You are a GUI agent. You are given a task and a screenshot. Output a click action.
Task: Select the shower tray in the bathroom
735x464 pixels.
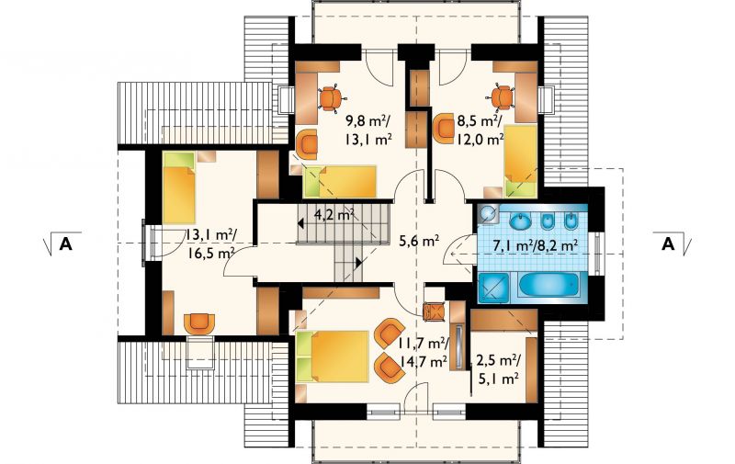pyautogui.click(x=493, y=287)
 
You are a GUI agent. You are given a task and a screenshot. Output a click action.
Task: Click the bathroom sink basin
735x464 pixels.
pyautogui.click(x=520, y=221)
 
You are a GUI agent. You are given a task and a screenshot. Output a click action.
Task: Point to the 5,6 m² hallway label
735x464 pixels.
pyautogui.click(x=419, y=242)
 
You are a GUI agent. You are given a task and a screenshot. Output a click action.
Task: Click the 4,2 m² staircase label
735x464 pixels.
pyautogui.click(x=334, y=215)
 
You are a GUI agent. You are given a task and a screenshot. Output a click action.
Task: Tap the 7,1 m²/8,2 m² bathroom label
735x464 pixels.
pyautogui.click(x=534, y=245)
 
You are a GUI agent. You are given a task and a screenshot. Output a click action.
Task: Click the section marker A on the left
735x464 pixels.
pyautogui.click(x=65, y=243)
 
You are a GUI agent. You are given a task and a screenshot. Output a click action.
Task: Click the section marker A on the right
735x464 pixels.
pyautogui.click(x=668, y=243)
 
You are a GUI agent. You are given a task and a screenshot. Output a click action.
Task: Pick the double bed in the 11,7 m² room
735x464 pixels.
pyautogui.click(x=333, y=356)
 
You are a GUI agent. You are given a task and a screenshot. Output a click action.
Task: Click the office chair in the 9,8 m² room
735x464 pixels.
pyautogui.click(x=332, y=99)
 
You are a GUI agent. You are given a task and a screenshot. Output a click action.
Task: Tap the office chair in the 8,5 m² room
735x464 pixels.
pyautogui.click(x=502, y=97)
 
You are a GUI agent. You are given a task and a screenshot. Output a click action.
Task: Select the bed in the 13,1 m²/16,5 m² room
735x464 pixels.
pyautogui.click(x=179, y=188)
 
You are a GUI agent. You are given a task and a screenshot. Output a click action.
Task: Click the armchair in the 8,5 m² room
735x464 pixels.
pyautogui.click(x=443, y=129)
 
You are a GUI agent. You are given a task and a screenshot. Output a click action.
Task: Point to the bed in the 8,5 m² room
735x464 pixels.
pyautogui.click(x=520, y=160)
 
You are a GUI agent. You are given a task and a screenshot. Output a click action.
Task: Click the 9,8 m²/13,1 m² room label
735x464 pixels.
pyautogui.click(x=368, y=131)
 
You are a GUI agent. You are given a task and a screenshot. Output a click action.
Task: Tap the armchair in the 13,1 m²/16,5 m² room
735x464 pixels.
pyautogui.click(x=199, y=323)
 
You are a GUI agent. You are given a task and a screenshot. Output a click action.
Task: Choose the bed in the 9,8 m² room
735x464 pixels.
pyautogui.click(x=340, y=181)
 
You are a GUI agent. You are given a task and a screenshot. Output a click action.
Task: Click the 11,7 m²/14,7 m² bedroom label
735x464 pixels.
pyautogui.click(x=424, y=353)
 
